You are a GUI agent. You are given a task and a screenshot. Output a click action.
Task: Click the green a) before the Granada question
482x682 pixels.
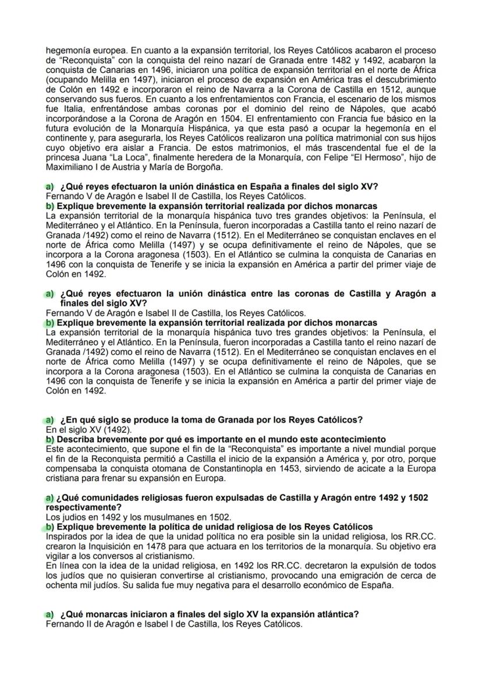(49, 420)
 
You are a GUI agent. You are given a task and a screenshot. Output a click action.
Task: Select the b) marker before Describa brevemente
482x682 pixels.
(49, 439)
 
